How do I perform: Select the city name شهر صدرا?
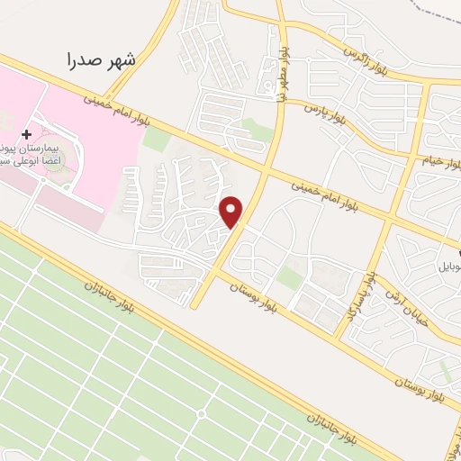click(x=102, y=60)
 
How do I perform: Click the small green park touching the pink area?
click(x=156, y=139)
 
